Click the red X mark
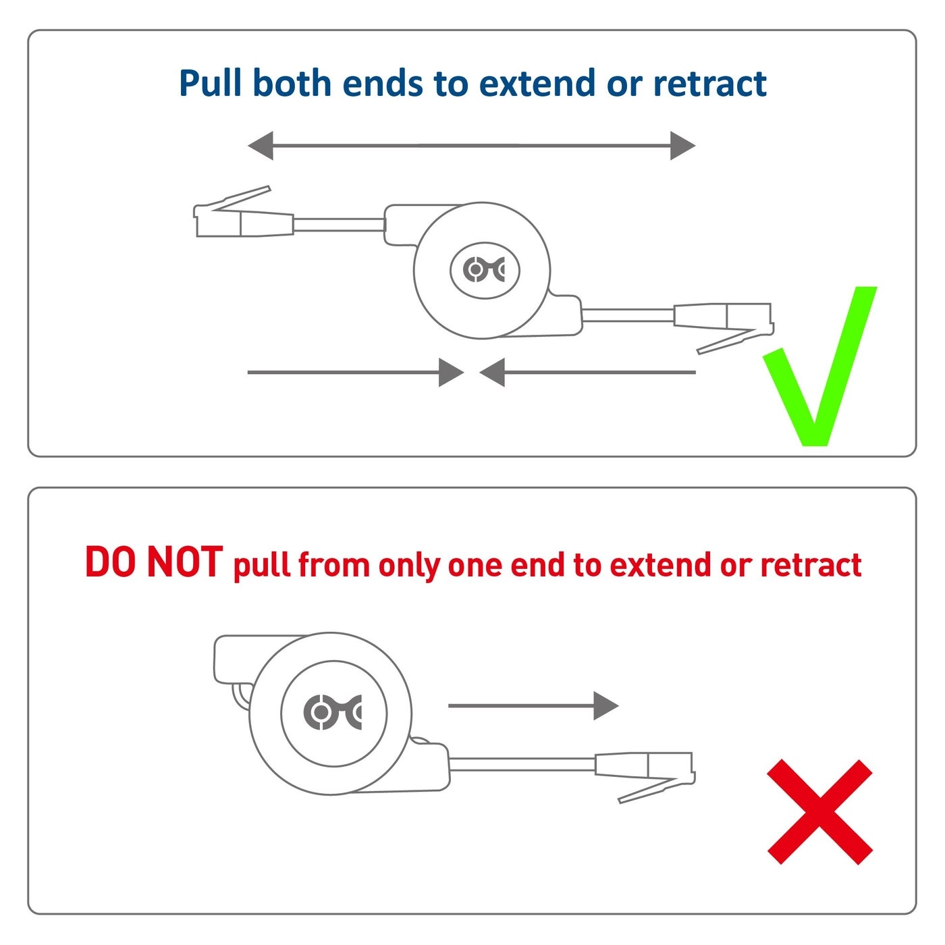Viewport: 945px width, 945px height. click(x=819, y=811)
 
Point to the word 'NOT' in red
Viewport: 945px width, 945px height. click(x=184, y=562)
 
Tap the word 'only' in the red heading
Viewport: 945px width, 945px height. click(x=409, y=566)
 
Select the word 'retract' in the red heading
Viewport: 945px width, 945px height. click(x=811, y=566)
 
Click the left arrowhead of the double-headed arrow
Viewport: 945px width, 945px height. click(x=261, y=145)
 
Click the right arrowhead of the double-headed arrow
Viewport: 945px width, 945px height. click(x=682, y=145)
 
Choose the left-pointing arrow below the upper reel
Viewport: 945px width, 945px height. click(x=587, y=372)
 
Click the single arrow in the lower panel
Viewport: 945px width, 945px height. click(x=533, y=706)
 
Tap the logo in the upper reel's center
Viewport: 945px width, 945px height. click(x=485, y=270)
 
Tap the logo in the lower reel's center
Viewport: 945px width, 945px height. click(x=333, y=713)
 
